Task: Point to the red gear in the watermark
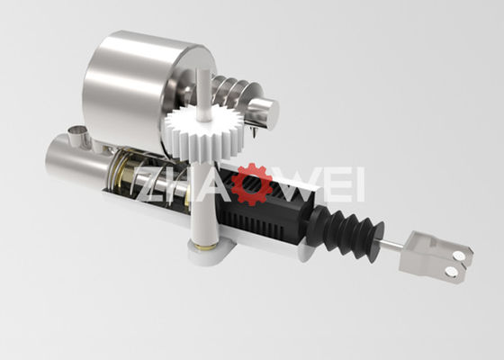252,184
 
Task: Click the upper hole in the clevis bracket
460,256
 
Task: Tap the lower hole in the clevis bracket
452,272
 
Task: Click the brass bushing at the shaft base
205,247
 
